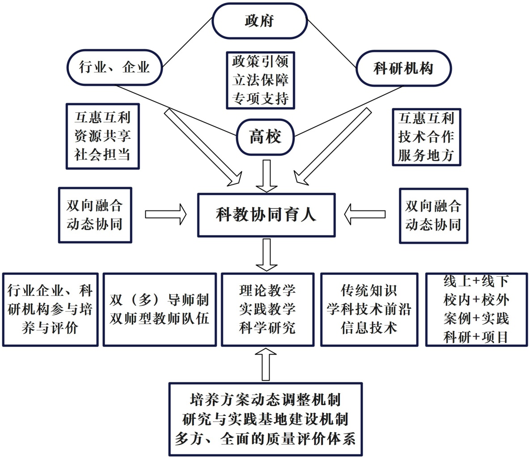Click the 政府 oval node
click(259, 21)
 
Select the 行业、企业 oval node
click(114, 68)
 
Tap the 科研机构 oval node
click(403, 69)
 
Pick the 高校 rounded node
click(266, 136)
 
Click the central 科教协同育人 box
click(266, 215)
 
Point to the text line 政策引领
click(260, 61)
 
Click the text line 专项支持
click(260, 98)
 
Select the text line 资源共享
click(103, 136)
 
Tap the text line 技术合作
click(426, 137)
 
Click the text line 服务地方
click(426, 155)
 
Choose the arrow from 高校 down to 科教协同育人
click(267, 175)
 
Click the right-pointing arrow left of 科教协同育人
click(165, 214)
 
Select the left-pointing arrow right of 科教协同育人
click(365, 214)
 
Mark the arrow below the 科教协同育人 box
click(267, 254)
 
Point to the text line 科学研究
click(267, 328)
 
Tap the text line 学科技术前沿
click(369, 309)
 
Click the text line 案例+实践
click(476, 318)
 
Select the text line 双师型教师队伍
click(159, 319)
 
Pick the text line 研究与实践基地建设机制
click(265, 419)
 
